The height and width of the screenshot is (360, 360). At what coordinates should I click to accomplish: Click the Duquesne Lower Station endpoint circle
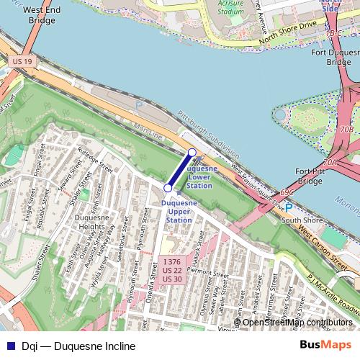(192, 152)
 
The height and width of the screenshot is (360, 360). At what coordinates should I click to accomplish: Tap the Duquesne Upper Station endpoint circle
(168, 188)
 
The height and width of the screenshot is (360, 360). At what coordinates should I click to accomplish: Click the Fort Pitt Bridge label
(310, 176)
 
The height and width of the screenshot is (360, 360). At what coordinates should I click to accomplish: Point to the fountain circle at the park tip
(281, 114)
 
